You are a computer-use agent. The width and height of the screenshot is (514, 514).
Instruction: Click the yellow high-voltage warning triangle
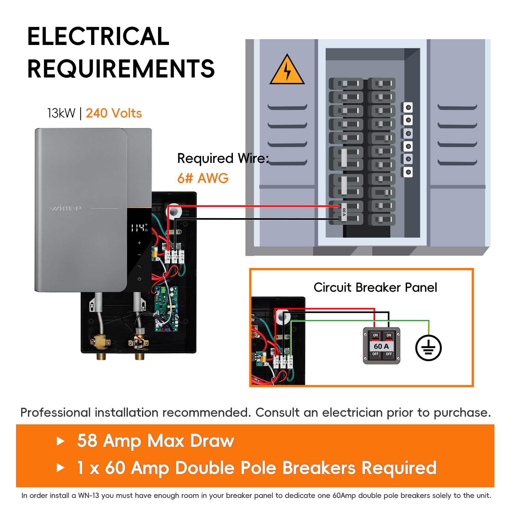point(287,70)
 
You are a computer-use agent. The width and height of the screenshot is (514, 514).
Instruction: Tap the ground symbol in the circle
point(428,348)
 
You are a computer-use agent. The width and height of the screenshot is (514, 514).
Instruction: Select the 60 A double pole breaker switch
point(381,346)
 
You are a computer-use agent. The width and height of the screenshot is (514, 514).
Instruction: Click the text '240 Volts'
point(114,113)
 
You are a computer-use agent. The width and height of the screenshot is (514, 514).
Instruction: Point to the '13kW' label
point(61,113)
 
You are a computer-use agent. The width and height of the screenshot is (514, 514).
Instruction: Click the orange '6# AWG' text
point(203,178)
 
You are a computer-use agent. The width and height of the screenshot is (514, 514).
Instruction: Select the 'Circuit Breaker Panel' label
point(375,287)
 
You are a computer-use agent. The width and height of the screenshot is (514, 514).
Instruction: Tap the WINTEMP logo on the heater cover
point(65,208)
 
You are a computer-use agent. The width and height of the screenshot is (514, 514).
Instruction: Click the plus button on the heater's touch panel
point(139,243)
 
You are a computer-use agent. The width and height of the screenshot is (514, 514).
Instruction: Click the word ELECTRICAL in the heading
point(98,36)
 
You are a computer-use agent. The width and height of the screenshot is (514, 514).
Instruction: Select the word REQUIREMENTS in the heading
point(121,69)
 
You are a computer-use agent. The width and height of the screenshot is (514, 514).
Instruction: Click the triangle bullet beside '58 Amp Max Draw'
point(60,441)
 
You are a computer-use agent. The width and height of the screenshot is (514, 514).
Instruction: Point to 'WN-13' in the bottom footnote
point(89,495)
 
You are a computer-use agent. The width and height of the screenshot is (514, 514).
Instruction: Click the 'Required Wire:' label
point(223,158)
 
